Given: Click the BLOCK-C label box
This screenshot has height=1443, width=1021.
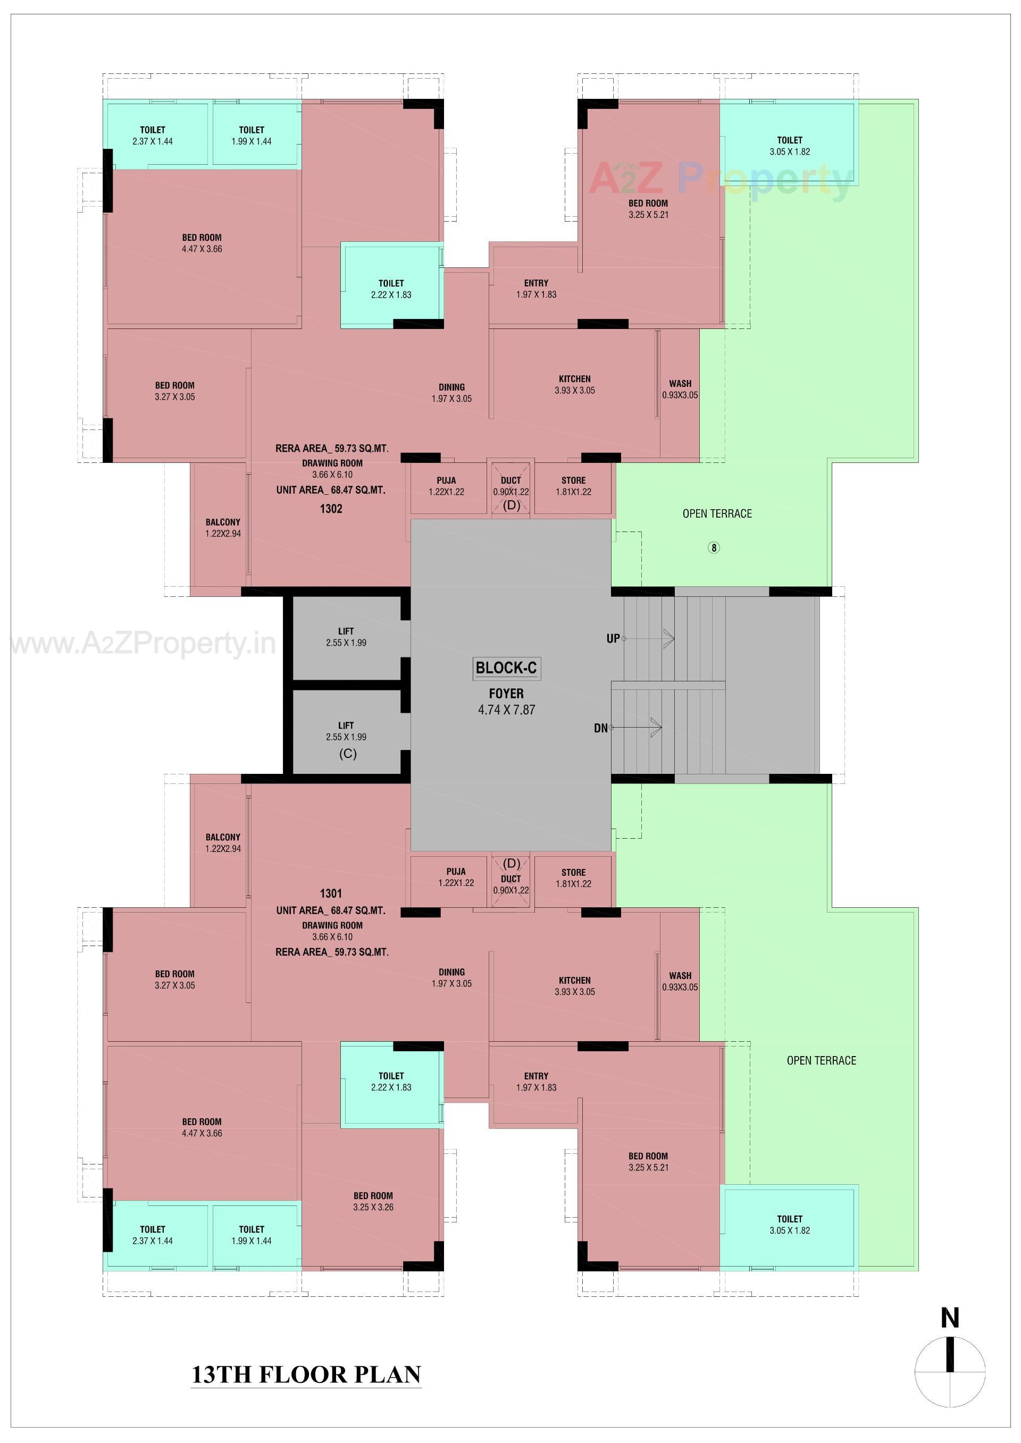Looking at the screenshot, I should coord(506,668).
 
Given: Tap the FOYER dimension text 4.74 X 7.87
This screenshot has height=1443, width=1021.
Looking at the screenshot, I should coord(506,710).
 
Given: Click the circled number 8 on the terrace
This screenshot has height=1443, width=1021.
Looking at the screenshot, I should coord(714,547).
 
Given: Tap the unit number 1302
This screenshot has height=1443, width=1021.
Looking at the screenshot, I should coord(331,509).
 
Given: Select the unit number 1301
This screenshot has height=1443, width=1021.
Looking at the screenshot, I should coord(331,893).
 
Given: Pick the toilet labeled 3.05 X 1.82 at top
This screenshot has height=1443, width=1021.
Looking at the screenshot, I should coord(790,146).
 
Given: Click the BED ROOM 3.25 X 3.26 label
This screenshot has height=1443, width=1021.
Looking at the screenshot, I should coord(373,1201).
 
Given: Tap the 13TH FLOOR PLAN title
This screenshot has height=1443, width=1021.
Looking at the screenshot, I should coord(306,1374).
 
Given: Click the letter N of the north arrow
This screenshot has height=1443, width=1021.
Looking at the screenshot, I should coord(949,1318).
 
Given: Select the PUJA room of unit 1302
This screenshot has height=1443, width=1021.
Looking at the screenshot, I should coord(446,486).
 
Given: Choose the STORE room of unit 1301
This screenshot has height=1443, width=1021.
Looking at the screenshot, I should coord(573,878).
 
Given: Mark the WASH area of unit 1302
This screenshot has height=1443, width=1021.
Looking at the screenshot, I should coord(680,389).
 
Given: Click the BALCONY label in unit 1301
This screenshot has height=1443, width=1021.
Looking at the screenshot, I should coord(223,843).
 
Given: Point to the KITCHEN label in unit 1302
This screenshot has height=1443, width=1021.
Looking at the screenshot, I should coord(575,385).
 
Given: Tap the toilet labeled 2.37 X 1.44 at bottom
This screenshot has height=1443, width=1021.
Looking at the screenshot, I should coord(153,1234).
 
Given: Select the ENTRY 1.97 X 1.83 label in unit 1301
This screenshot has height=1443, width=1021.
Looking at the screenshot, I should coord(536,1082).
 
